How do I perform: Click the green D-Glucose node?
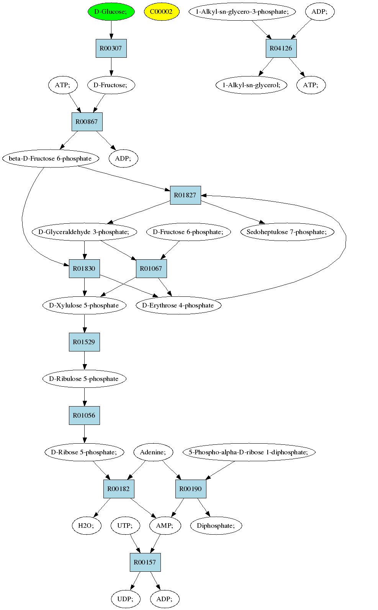[x=111, y=12]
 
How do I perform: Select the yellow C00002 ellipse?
[x=162, y=12]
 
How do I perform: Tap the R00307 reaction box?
[x=111, y=49]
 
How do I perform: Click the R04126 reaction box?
[x=281, y=49]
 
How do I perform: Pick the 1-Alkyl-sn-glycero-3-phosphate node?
[x=242, y=12]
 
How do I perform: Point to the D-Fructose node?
[x=111, y=85]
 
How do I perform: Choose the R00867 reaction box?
[x=87, y=122]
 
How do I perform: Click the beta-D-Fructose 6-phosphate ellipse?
[x=51, y=158]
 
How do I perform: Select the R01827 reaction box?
[x=185, y=195]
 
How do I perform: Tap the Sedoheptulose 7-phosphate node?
[x=287, y=232]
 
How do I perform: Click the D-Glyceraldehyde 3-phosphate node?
[x=84, y=232]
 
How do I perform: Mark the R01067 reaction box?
[x=151, y=268]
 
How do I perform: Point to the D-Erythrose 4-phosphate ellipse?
[x=178, y=305]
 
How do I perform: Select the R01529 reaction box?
[x=84, y=342]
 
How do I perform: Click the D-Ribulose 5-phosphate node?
[x=84, y=379]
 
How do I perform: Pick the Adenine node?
[x=153, y=452]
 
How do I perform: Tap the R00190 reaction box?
[x=191, y=489]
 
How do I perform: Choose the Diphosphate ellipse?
[x=216, y=525]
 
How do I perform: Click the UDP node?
[x=126, y=599]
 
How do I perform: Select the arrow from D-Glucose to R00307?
[x=111, y=30]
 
